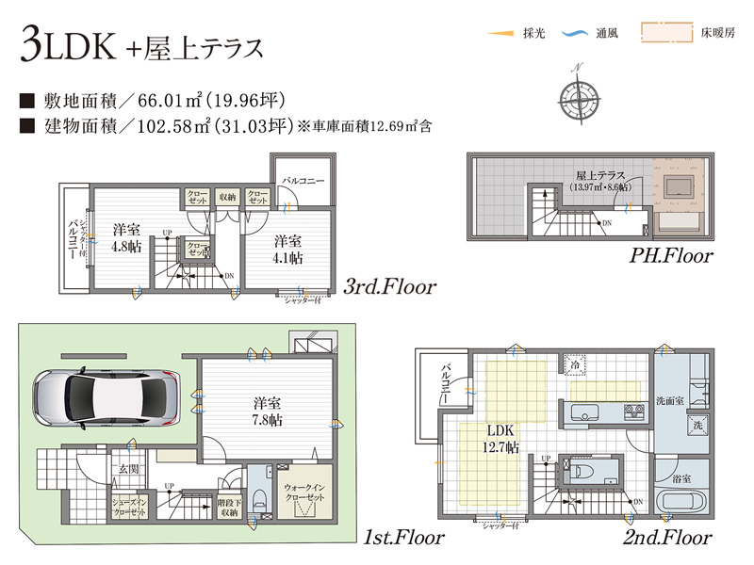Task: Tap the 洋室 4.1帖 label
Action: pyautogui.click(x=288, y=248)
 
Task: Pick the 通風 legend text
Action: pyautogui.click(x=606, y=33)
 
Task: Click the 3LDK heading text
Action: pyautogui.click(x=66, y=47)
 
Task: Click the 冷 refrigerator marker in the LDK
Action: pyautogui.click(x=574, y=363)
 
